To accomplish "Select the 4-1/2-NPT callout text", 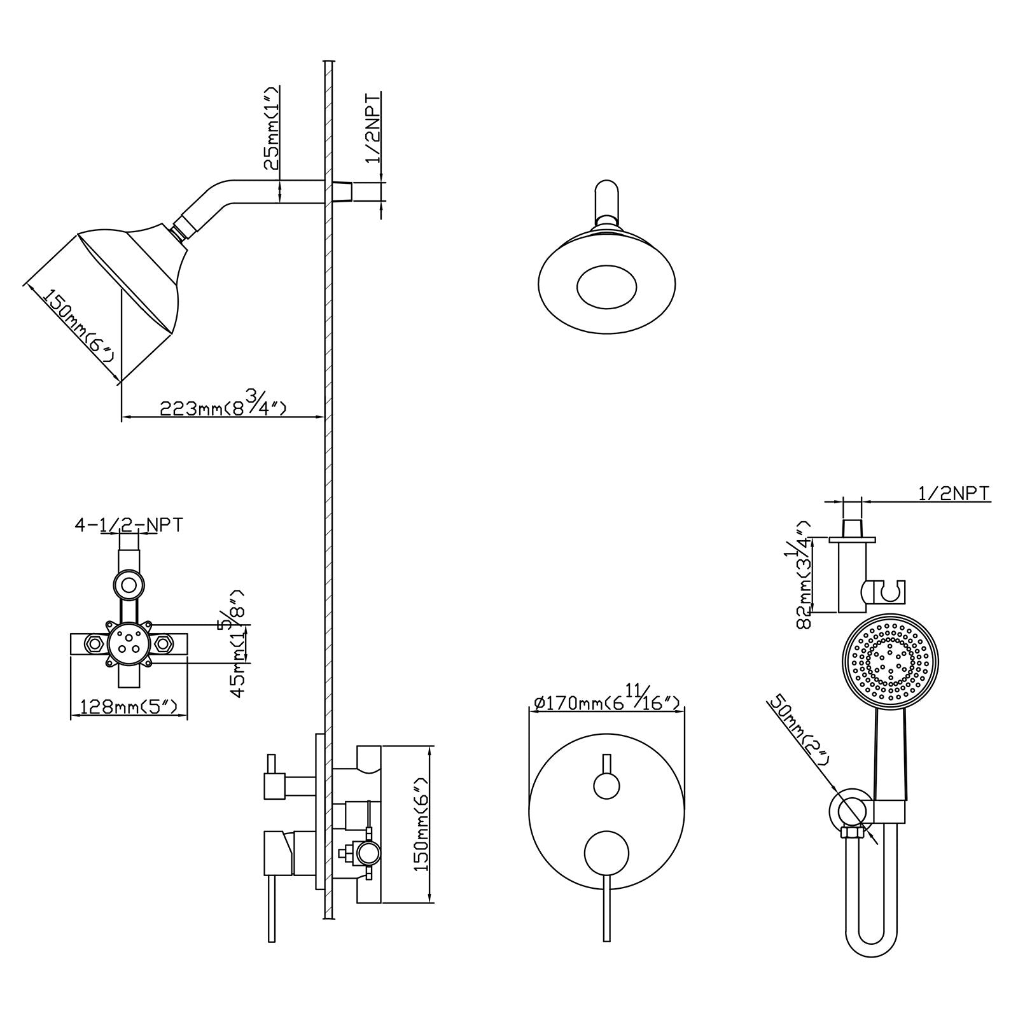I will tap(129, 525).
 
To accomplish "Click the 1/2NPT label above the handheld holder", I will tap(953, 493).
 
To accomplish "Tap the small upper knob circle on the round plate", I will tap(606, 784).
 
